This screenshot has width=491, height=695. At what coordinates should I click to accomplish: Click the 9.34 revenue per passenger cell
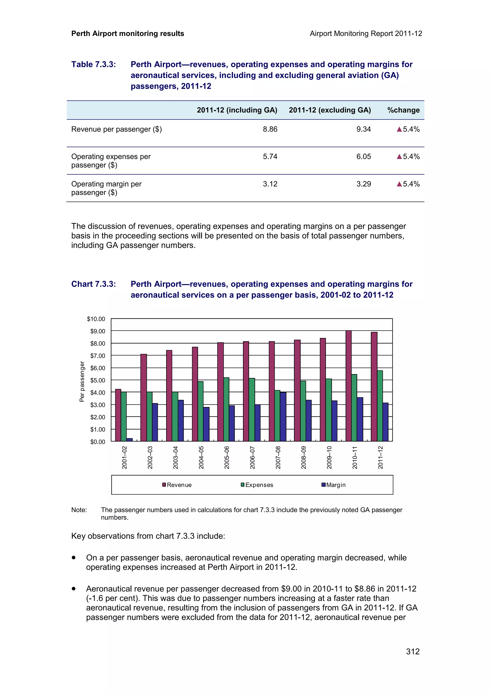point(363,129)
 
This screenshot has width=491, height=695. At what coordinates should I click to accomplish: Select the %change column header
point(403,110)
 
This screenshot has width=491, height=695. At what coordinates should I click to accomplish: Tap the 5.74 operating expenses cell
point(270,157)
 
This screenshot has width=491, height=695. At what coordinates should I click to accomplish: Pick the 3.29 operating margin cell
point(363,184)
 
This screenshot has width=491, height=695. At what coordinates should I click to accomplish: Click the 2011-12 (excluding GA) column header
point(329,110)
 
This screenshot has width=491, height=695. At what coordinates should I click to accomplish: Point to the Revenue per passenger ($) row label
point(117,129)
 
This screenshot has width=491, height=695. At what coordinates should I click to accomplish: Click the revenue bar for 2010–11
point(349,386)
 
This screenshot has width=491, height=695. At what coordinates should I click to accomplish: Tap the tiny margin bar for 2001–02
point(129,440)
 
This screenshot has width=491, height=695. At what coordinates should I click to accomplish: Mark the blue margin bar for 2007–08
point(283,417)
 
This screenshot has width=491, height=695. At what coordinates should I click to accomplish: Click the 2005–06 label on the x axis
point(227,457)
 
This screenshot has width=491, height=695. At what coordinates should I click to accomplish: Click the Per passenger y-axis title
point(82,381)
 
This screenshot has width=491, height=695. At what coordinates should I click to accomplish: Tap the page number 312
point(413,651)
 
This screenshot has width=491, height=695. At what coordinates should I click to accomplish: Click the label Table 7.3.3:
point(94,65)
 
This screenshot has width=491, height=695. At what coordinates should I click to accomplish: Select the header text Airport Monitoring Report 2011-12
point(366,34)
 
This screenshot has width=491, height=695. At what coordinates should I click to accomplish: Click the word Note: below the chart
point(79,510)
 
